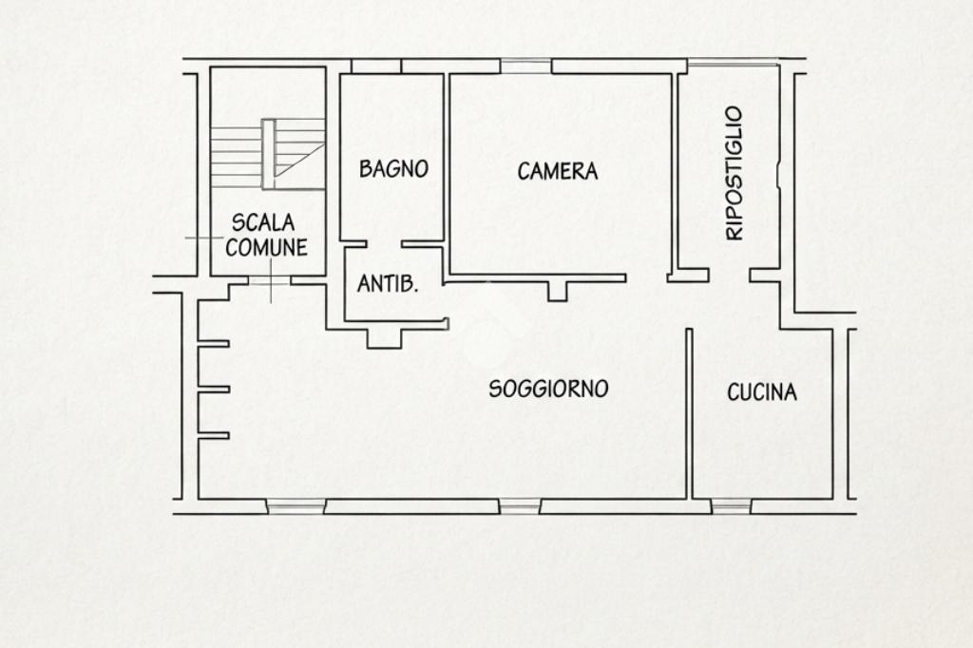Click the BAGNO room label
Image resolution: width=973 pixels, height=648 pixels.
(x=393, y=169)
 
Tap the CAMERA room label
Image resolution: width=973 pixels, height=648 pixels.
(x=557, y=171)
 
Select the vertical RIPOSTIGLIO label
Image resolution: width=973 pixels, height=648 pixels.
(x=735, y=173)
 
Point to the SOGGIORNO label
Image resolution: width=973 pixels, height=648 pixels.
(x=548, y=390)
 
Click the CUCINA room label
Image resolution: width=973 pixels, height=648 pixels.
(x=762, y=392)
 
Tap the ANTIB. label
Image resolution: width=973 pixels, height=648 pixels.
(x=388, y=284)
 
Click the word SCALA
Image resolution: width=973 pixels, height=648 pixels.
(x=263, y=222)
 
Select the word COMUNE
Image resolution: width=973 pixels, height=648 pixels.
(x=266, y=247)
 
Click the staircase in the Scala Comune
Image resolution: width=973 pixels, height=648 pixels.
(x=268, y=154)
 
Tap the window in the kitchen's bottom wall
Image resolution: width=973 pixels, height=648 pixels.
(x=731, y=506)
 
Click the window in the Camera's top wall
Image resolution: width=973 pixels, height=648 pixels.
(x=525, y=67)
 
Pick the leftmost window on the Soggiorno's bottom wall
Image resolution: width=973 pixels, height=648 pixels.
(x=296, y=506)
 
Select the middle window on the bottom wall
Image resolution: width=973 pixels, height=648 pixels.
(x=520, y=506)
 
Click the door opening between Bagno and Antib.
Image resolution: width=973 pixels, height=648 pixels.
(x=384, y=244)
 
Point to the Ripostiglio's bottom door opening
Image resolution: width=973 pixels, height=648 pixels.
(x=729, y=275)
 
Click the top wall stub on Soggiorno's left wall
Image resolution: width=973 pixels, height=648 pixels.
(x=214, y=343)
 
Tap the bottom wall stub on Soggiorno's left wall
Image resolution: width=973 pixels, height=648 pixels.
(x=214, y=436)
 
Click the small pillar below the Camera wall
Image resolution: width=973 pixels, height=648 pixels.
(x=557, y=292)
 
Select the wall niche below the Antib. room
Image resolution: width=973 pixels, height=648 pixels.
(x=384, y=338)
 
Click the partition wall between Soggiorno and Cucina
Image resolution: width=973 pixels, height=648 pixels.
(x=689, y=413)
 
